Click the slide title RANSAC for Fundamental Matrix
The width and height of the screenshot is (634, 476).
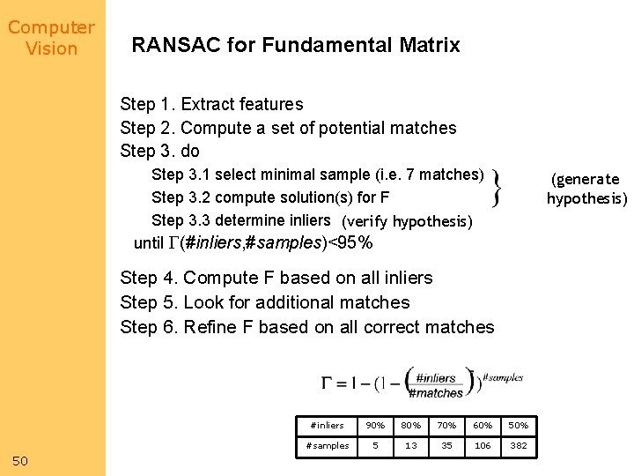tap(296, 45)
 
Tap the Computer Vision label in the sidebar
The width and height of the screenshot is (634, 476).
tap(51, 38)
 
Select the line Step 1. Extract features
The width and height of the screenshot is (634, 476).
tap(211, 104)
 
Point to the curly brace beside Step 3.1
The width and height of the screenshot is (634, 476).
tap(498, 187)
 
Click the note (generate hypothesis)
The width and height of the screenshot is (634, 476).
tap(586, 189)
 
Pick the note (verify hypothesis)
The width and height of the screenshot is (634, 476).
tap(407, 221)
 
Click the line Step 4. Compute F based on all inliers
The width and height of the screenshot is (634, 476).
tap(276, 278)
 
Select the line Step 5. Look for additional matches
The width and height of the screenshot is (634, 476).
tap(265, 302)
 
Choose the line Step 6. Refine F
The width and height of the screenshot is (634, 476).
tap(307, 327)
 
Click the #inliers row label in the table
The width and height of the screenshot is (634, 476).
tap(328, 425)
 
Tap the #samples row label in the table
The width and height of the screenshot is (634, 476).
tap(328, 445)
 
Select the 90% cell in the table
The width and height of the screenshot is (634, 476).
tap(375, 425)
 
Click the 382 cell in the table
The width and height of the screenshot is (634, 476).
tap(519, 445)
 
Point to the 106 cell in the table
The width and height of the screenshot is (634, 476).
tap(483, 445)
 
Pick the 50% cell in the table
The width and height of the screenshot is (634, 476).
tap(519, 425)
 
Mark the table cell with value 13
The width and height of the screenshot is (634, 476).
tap(411, 445)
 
